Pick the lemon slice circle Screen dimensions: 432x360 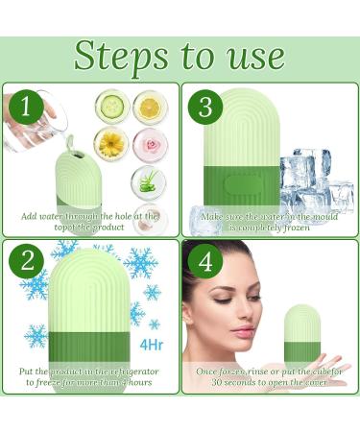click(149, 107)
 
